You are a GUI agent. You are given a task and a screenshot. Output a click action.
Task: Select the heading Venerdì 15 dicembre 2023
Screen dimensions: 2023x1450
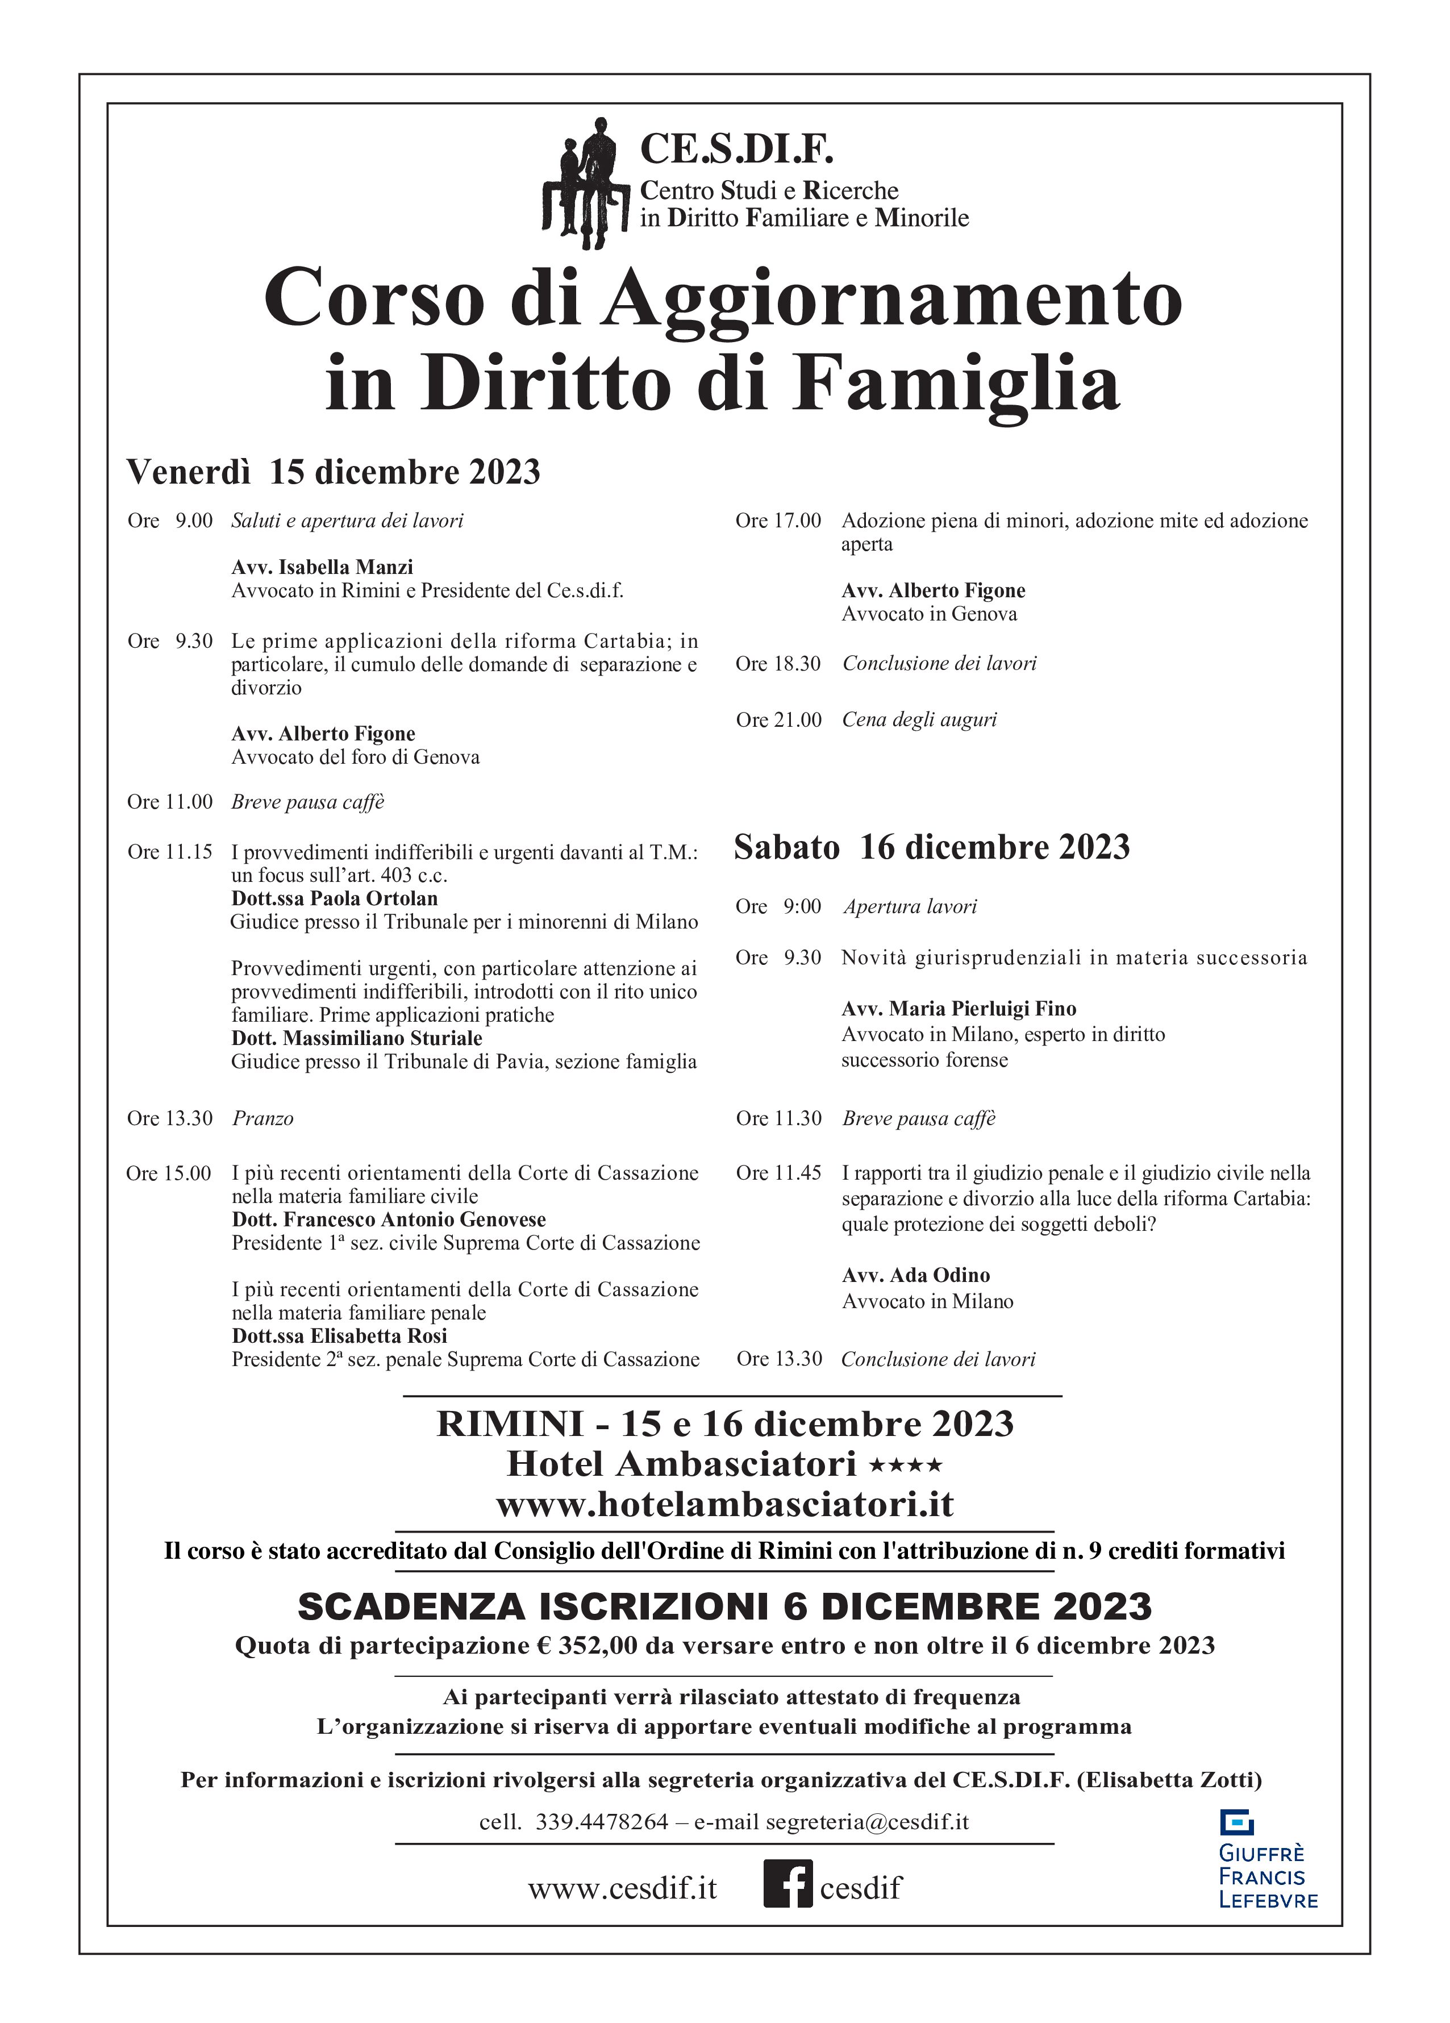coord(334,471)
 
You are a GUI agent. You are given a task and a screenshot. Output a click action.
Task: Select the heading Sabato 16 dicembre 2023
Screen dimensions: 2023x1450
coord(931,847)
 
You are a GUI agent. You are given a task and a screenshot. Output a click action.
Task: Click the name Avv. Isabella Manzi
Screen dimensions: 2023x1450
coord(322,567)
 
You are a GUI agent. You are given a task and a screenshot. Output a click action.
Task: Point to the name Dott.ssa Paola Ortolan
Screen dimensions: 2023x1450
coord(335,898)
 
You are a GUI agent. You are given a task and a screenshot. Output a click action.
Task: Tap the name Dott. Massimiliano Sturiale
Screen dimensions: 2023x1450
coord(357,1038)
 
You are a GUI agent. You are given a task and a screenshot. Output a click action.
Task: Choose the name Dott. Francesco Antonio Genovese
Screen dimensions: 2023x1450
coord(389,1219)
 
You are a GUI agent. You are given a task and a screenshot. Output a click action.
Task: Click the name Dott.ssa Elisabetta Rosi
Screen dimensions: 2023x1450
coord(339,1335)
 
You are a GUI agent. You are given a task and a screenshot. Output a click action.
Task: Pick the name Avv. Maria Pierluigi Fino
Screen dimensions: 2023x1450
coord(959,1009)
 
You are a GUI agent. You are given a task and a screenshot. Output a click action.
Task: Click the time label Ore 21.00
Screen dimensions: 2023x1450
coord(778,720)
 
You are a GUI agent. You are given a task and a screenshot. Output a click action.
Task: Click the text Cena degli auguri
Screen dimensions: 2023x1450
coord(919,720)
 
